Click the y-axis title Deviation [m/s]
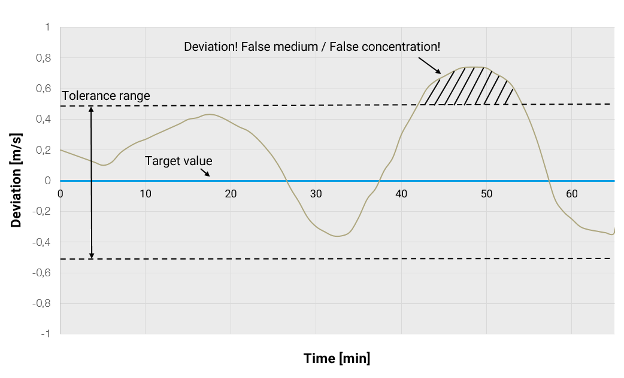coord(16,181)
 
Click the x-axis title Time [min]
coord(337,358)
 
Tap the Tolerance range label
coord(105,96)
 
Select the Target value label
coord(178,161)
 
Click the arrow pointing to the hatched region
coord(429,63)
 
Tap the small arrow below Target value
coord(205,172)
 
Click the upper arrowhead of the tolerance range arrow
coord(91,109)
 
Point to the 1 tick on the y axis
coord(47,28)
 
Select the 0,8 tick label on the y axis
coord(43,59)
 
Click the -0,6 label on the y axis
coord(41,273)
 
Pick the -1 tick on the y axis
coord(46,334)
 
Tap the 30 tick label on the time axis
coord(316,194)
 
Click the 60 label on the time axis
coord(571,194)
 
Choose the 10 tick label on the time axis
coord(145,194)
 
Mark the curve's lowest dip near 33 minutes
coord(337,236)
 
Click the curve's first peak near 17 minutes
coord(209,114)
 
